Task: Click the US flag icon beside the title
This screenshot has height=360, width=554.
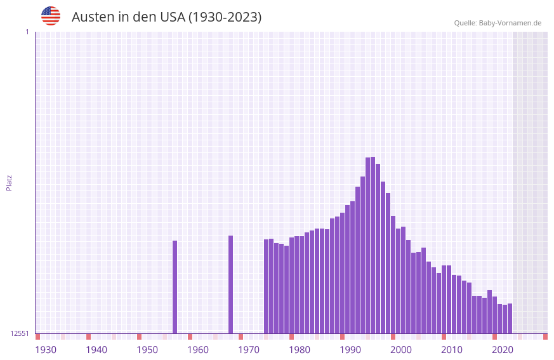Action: [x=51, y=16]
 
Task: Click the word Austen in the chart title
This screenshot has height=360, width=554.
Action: [x=93, y=17]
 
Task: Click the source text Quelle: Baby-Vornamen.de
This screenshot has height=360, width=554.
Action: [x=498, y=23]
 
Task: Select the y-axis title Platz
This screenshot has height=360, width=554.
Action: [x=9, y=182]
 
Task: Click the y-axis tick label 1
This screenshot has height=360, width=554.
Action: [x=27, y=32]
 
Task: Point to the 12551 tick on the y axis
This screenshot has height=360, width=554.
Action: [x=20, y=333]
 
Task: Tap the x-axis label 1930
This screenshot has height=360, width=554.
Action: [x=46, y=350]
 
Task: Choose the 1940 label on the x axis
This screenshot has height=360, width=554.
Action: [x=96, y=350]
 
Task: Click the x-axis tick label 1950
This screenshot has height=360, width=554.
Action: [x=147, y=350]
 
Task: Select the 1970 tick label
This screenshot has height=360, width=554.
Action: [x=249, y=350]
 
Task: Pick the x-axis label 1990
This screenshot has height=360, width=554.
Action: [x=350, y=350]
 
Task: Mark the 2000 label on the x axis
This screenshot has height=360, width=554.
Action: [x=401, y=350]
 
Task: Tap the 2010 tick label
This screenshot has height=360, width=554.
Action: [x=452, y=350]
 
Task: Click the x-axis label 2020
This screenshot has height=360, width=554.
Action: [x=503, y=350]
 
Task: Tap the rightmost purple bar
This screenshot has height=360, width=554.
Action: [x=510, y=318]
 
